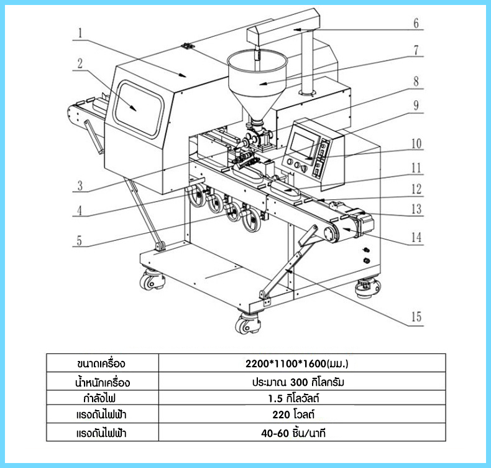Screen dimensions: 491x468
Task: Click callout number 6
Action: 416,23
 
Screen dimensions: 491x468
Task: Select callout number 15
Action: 416,317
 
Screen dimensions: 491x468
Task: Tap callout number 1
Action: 80,33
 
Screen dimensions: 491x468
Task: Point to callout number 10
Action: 416,144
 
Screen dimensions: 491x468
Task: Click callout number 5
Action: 79,240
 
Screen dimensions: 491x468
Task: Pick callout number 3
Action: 80,185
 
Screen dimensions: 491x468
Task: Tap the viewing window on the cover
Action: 139,109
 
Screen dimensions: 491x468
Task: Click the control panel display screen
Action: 304,147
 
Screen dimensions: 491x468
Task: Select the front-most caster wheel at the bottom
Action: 248,322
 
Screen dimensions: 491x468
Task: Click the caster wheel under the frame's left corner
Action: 152,279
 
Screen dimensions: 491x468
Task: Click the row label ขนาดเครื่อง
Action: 101,363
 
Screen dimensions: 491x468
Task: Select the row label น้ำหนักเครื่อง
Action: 103,382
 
